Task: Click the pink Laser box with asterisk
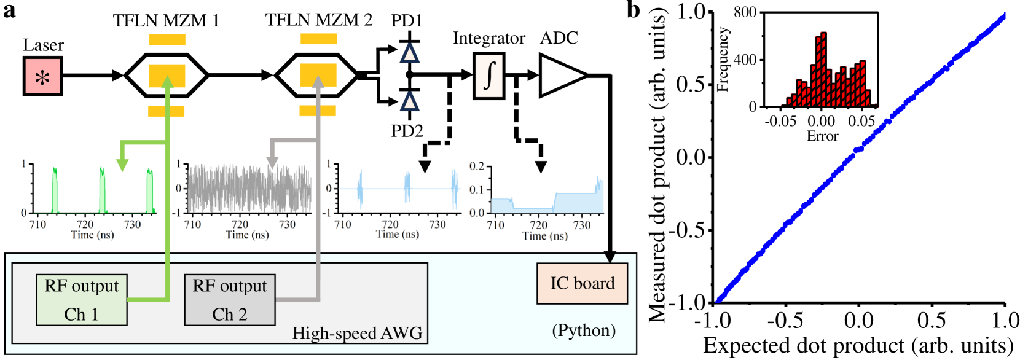[x=42, y=76]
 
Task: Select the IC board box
[x=582, y=284]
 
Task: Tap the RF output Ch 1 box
[x=82, y=300]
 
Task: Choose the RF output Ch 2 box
[x=230, y=300]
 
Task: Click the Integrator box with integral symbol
[x=488, y=76]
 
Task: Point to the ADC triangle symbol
[x=560, y=76]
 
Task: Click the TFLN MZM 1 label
[x=166, y=21]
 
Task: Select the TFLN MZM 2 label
[x=319, y=20]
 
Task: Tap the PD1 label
[x=407, y=21]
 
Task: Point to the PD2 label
[x=407, y=131]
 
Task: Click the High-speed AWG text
[x=357, y=334]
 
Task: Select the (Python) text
[x=584, y=331]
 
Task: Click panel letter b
[x=633, y=10]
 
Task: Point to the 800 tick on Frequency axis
[x=745, y=12]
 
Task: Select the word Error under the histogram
[x=822, y=136]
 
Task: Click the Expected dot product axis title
[x=858, y=346]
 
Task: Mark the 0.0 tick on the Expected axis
[x=859, y=320]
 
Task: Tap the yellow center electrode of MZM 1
[x=167, y=76]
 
